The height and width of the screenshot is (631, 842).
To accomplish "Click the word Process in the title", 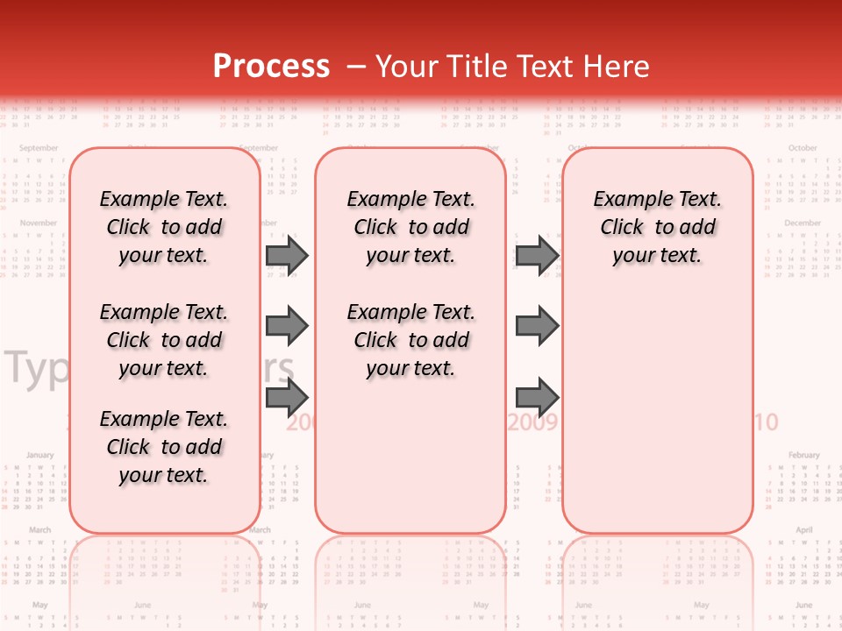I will click(x=271, y=67).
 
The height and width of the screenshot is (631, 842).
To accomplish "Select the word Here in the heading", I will click(x=617, y=67).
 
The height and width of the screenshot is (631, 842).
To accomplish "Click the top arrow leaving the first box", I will click(x=287, y=256).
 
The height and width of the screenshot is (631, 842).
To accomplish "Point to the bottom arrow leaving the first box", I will click(x=287, y=397).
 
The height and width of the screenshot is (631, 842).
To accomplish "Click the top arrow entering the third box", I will click(x=537, y=256).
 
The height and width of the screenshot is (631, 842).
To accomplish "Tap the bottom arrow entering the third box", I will click(x=537, y=397).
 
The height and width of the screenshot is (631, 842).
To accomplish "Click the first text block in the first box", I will click(x=164, y=227).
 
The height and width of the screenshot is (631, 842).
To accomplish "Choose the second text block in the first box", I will click(x=164, y=340).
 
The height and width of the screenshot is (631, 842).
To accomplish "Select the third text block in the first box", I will click(x=164, y=447).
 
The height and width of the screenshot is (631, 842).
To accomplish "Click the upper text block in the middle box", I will click(x=411, y=227).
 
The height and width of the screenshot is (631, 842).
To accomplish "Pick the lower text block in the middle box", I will click(x=411, y=340).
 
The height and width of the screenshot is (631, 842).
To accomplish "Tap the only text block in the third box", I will click(x=658, y=227).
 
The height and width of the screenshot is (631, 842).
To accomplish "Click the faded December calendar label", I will click(x=803, y=223).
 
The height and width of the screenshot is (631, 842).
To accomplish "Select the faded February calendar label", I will click(x=803, y=456).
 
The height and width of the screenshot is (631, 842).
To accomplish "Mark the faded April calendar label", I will click(x=803, y=530).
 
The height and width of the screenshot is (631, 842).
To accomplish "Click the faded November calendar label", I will click(x=39, y=223).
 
